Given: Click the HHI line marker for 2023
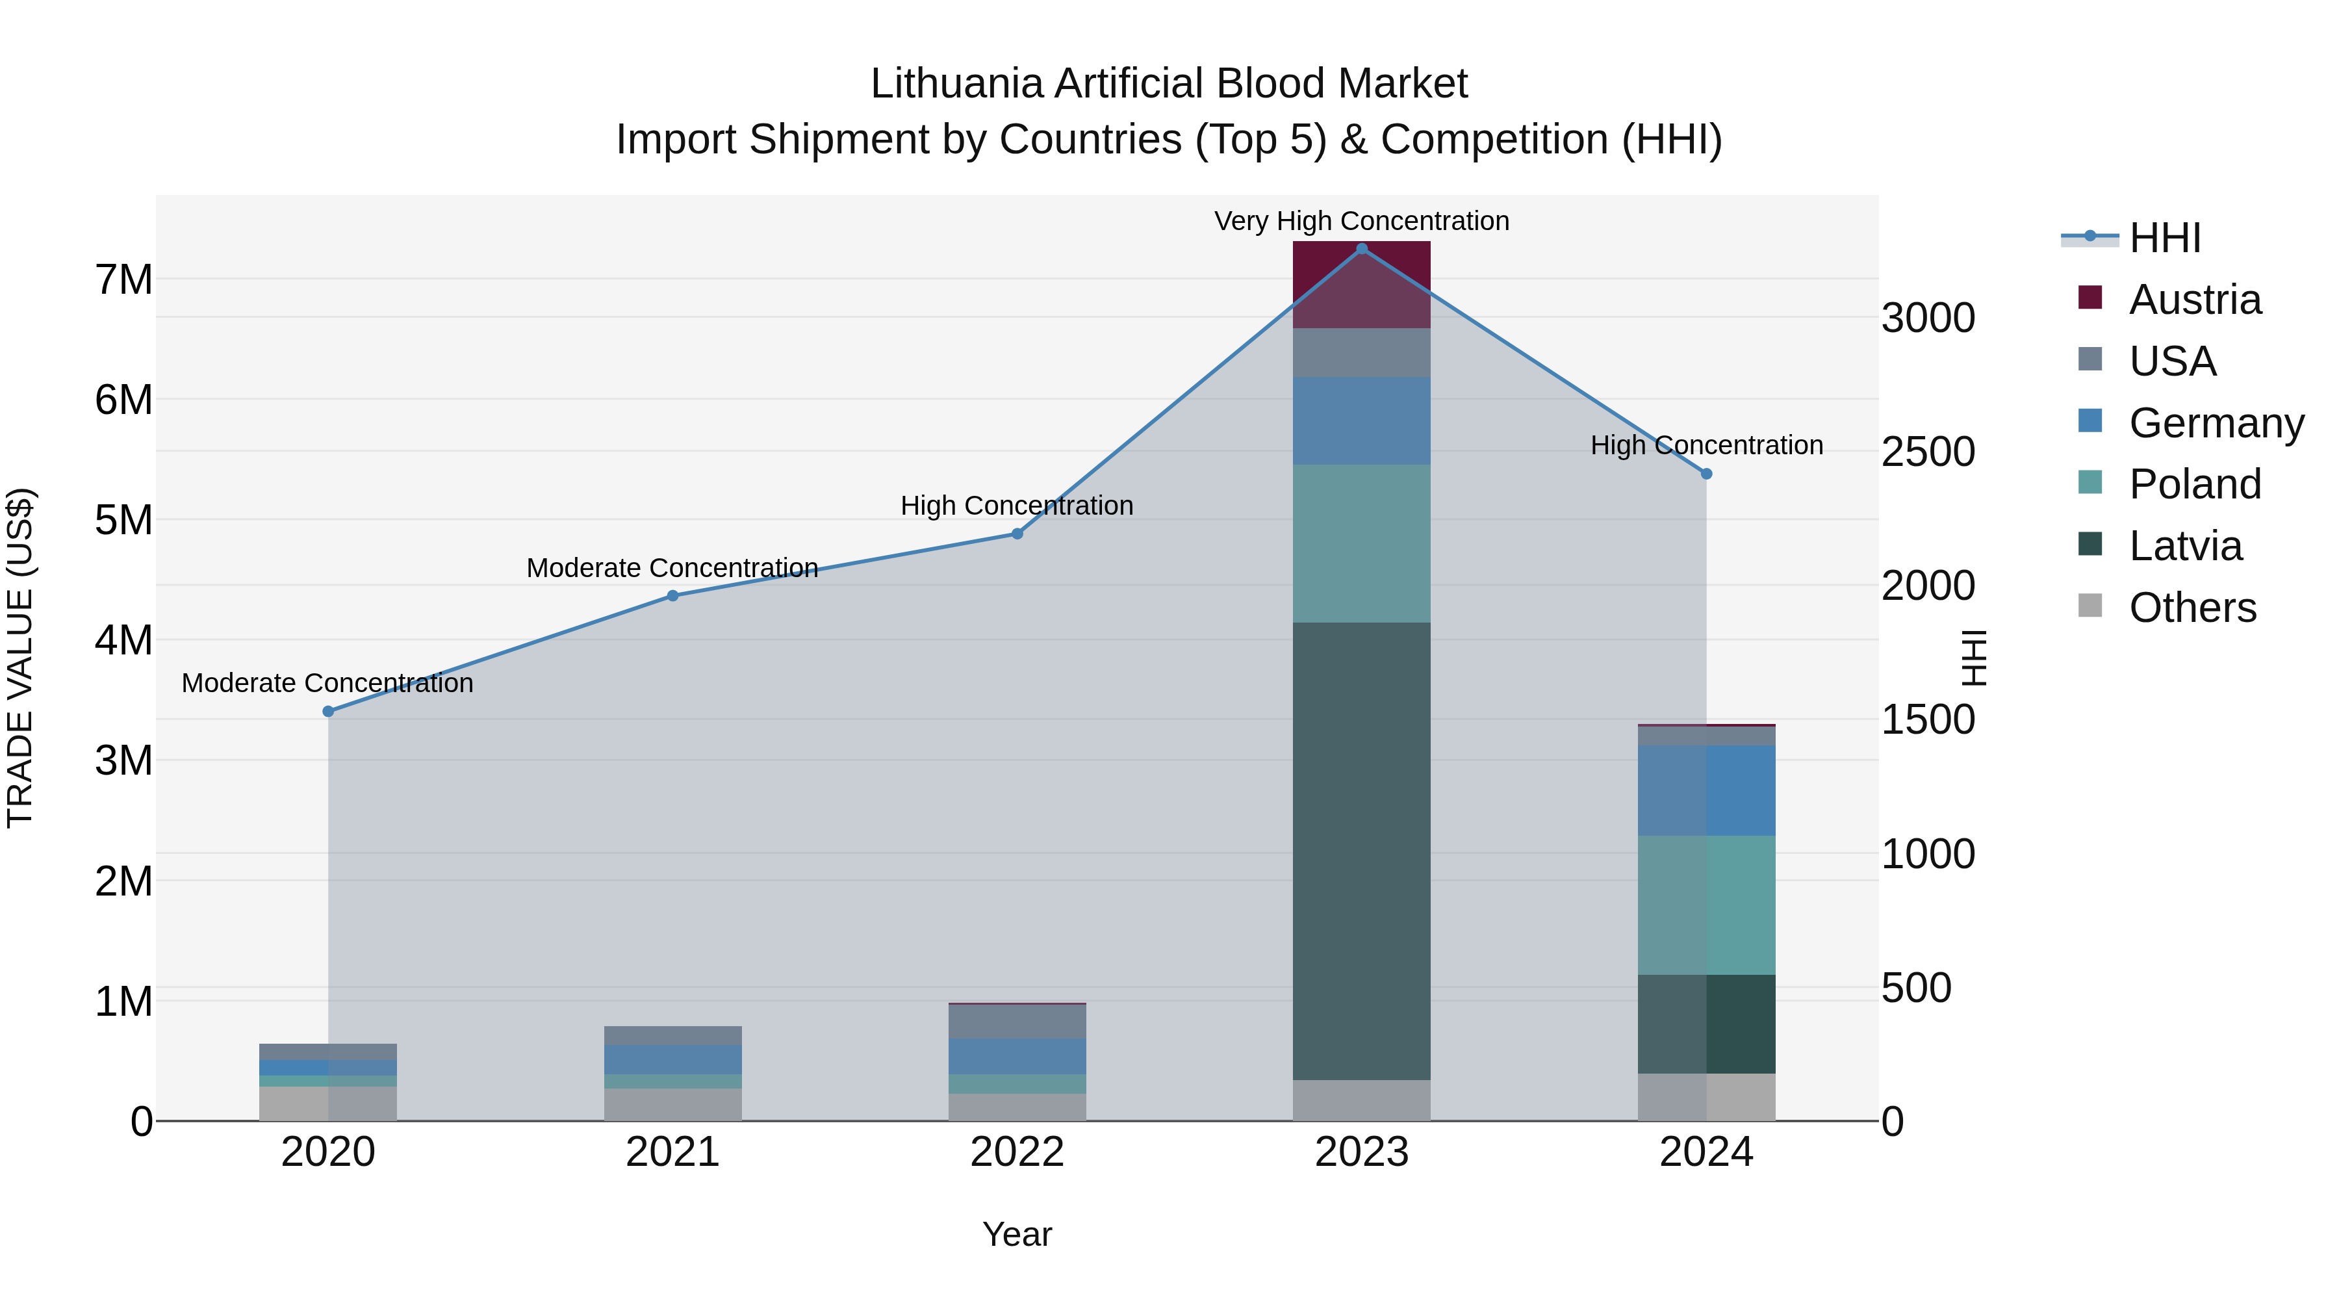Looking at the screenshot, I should point(1361,248).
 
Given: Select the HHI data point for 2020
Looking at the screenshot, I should point(329,711).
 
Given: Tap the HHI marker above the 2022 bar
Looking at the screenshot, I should point(1017,534).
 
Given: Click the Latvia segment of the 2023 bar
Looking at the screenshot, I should point(1361,851).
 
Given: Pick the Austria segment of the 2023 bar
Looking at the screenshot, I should point(1361,284).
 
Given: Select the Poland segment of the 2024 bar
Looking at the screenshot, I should point(1706,905).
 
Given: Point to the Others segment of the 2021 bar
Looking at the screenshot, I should point(673,1104).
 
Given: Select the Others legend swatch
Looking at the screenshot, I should point(2090,606).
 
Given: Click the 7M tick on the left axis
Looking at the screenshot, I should point(123,279).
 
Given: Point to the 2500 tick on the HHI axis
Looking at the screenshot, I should point(1928,452).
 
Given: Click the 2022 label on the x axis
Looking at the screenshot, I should point(1017,1152).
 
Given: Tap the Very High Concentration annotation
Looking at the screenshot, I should point(1361,221).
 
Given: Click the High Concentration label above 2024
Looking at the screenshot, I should point(1706,445).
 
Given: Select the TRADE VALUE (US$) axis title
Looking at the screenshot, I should point(20,658).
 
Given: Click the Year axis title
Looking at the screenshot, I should point(1017,1234).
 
